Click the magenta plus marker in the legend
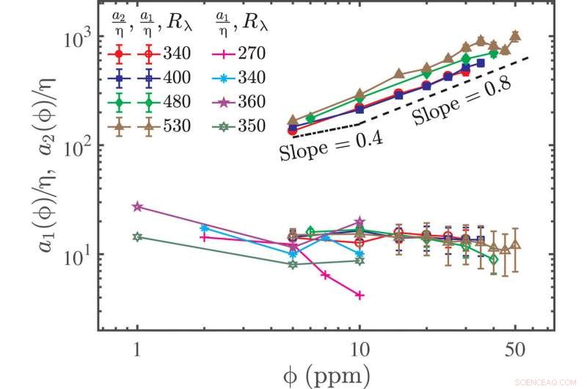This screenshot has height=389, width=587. click(222, 52)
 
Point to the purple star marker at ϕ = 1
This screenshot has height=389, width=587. click(136, 207)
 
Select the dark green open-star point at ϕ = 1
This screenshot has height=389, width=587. click(136, 237)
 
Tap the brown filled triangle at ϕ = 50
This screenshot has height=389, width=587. click(515, 35)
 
